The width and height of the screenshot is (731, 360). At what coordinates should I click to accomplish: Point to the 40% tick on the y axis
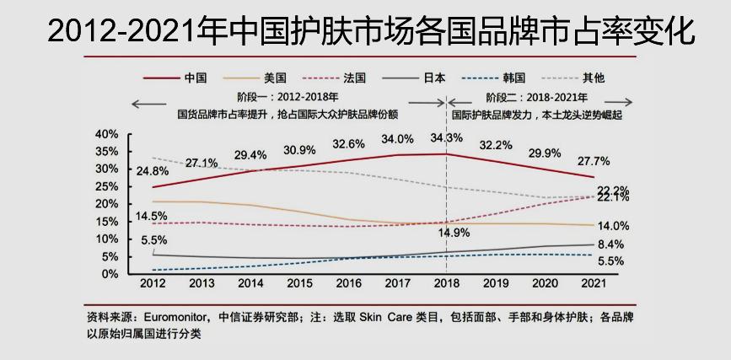(x=106, y=134)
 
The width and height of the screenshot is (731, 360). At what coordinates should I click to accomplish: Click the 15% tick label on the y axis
(x=106, y=222)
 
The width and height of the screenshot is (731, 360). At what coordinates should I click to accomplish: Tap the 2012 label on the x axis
(x=153, y=284)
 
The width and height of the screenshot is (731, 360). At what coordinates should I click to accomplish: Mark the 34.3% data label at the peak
(x=447, y=137)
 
